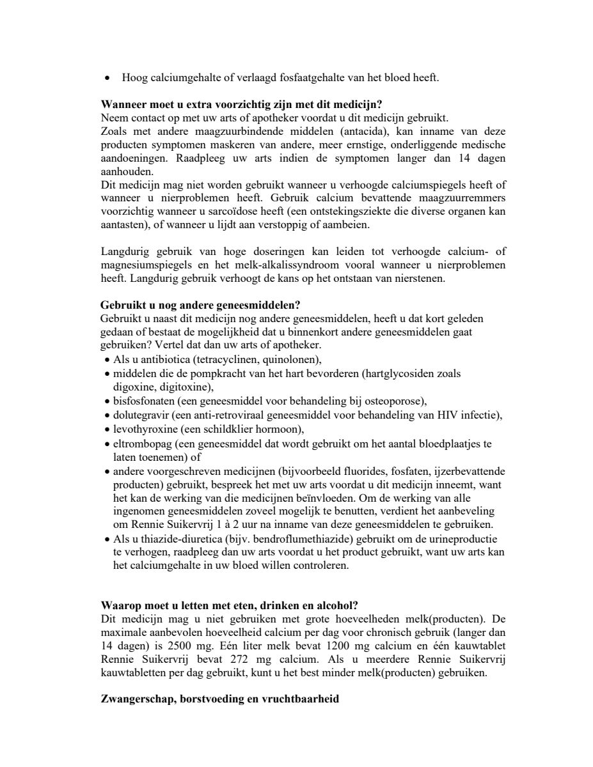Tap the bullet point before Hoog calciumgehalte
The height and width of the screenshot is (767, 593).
(x=107, y=78)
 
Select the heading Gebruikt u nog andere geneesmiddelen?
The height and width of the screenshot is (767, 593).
(x=200, y=305)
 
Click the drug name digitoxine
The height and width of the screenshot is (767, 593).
(x=186, y=387)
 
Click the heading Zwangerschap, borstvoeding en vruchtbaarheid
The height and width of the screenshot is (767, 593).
(x=219, y=699)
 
